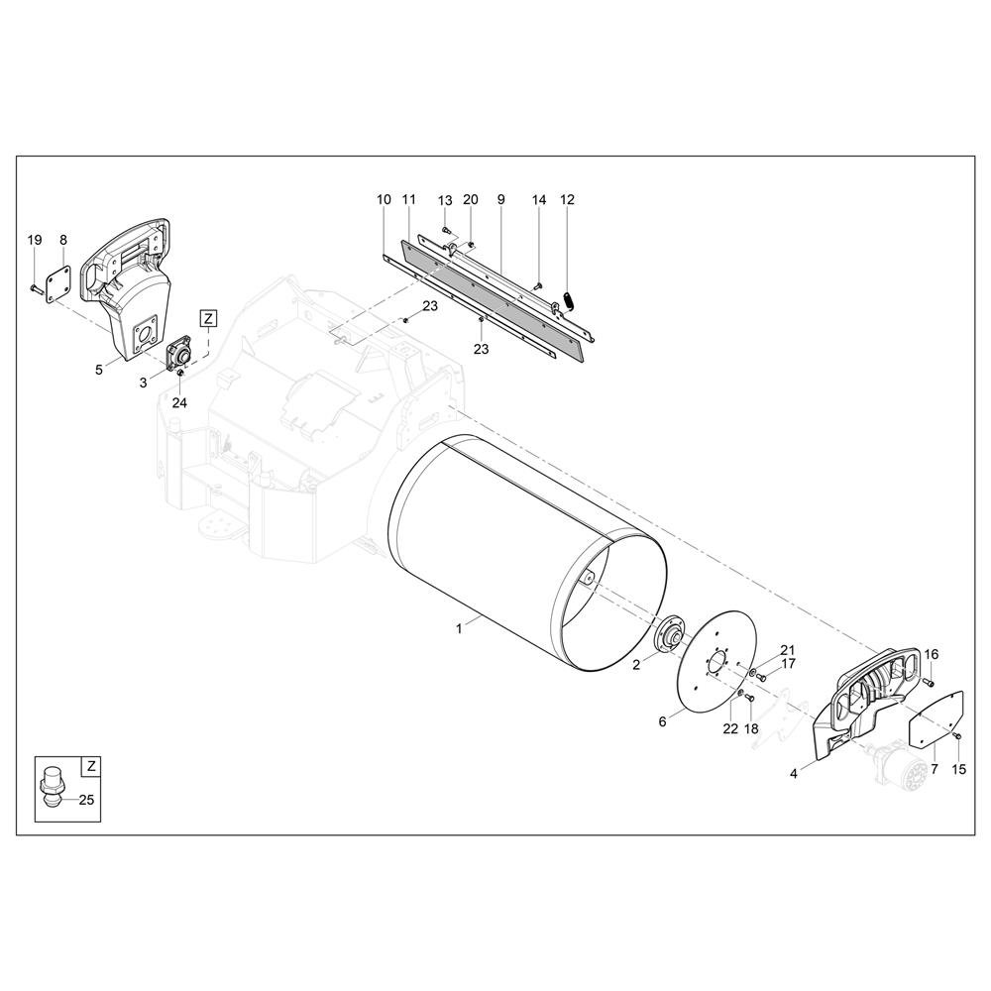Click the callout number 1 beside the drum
click(x=459, y=628)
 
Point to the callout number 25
click(x=86, y=800)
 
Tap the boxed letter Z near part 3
click(x=208, y=318)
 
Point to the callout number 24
click(x=179, y=402)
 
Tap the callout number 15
click(x=958, y=769)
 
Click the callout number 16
click(x=933, y=654)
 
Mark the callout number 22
click(x=730, y=728)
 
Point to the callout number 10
click(x=384, y=200)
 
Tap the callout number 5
click(x=98, y=370)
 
